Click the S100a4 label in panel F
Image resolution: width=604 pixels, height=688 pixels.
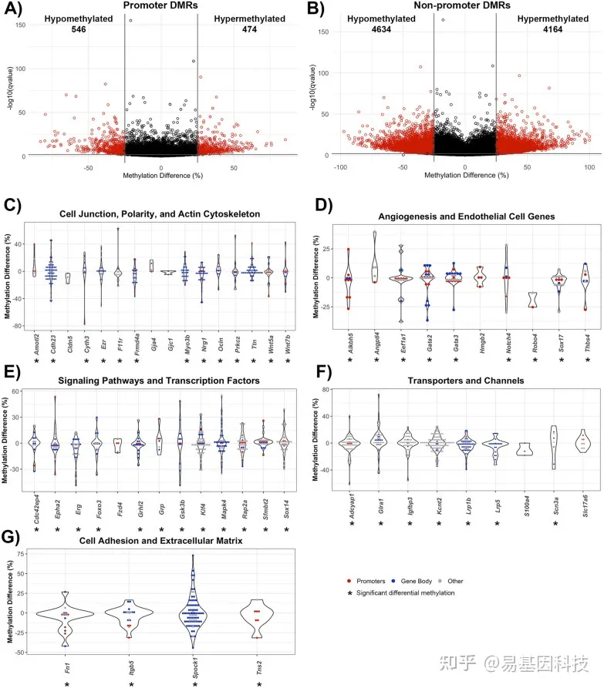(x=526, y=502)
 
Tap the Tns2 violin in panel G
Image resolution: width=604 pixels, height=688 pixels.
(x=257, y=616)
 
